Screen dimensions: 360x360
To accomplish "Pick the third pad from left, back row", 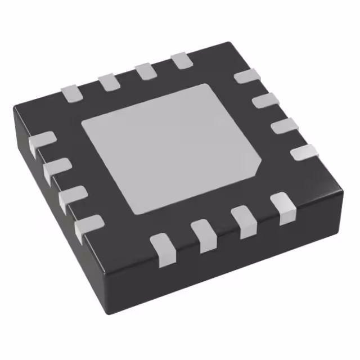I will tap(145, 71).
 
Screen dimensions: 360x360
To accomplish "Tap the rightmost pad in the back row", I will tap(181, 60).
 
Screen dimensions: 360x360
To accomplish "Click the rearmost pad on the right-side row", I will tap(246, 76).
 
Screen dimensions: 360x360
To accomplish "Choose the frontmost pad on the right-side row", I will tap(304, 152).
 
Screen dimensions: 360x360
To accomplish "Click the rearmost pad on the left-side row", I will tap(42, 143).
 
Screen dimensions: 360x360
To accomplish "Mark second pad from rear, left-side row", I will tap(56, 170).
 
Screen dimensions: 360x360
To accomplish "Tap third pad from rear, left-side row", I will tap(72, 197).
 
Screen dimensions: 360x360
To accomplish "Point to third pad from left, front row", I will tap(244, 222).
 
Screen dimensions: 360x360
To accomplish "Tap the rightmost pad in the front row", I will tap(282, 208).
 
